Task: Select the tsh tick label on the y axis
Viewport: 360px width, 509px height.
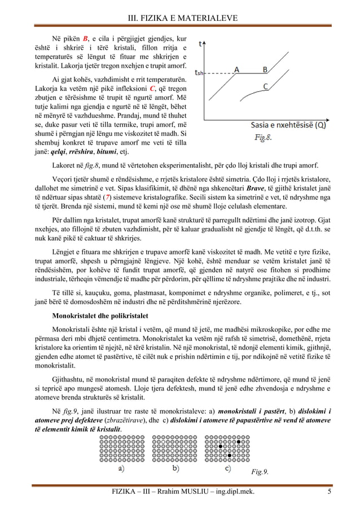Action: [x=198, y=72]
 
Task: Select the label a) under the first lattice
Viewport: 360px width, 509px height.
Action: [x=121, y=468]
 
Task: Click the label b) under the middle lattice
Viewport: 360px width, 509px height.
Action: [x=175, y=468]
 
